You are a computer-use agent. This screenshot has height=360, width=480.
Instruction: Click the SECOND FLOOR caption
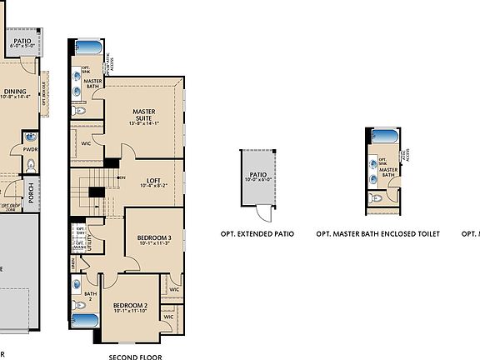tap(136, 356)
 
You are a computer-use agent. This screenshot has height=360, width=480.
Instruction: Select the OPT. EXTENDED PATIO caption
tap(257, 235)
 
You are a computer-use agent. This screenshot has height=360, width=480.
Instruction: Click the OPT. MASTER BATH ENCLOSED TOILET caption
tap(377, 235)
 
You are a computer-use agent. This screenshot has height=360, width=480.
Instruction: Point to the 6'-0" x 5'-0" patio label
tap(22, 41)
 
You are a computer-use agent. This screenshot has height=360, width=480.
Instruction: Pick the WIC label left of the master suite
tap(86, 143)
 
